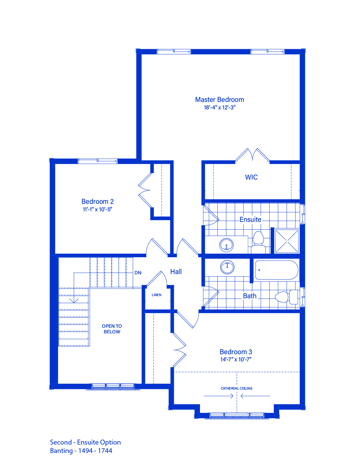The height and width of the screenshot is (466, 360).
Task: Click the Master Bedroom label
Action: click(219, 99)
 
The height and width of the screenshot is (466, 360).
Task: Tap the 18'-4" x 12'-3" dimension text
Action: click(220, 107)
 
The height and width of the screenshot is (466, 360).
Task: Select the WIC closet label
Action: click(251, 177)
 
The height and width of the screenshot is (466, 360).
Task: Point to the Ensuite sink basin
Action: click(226, 245)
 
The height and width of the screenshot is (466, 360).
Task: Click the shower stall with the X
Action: click(287, 241)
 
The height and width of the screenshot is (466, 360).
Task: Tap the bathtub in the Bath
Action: click(276, 270)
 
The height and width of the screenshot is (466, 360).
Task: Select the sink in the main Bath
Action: click(227, 267)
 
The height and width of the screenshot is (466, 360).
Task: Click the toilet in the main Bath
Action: click(286, 297)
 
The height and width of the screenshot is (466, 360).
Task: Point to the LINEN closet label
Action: click(157, 295)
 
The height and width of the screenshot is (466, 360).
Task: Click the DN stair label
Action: click(138, 273)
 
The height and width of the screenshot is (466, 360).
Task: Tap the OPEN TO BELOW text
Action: click(112, 329)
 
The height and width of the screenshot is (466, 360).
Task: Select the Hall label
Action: click(176, 272)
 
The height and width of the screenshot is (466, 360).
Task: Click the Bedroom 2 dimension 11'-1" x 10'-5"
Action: click(98, 209)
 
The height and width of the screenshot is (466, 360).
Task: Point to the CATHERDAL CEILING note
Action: click(236, 388)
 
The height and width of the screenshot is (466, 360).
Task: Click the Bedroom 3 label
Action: click(236, 352)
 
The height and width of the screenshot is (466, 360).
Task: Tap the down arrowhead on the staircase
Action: click(74, 300)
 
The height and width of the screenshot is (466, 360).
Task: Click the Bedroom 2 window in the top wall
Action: click(98, 161)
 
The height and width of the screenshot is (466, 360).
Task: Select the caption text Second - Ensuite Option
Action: click(85, 442)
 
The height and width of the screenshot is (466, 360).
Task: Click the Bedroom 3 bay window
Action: click(237, 416)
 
